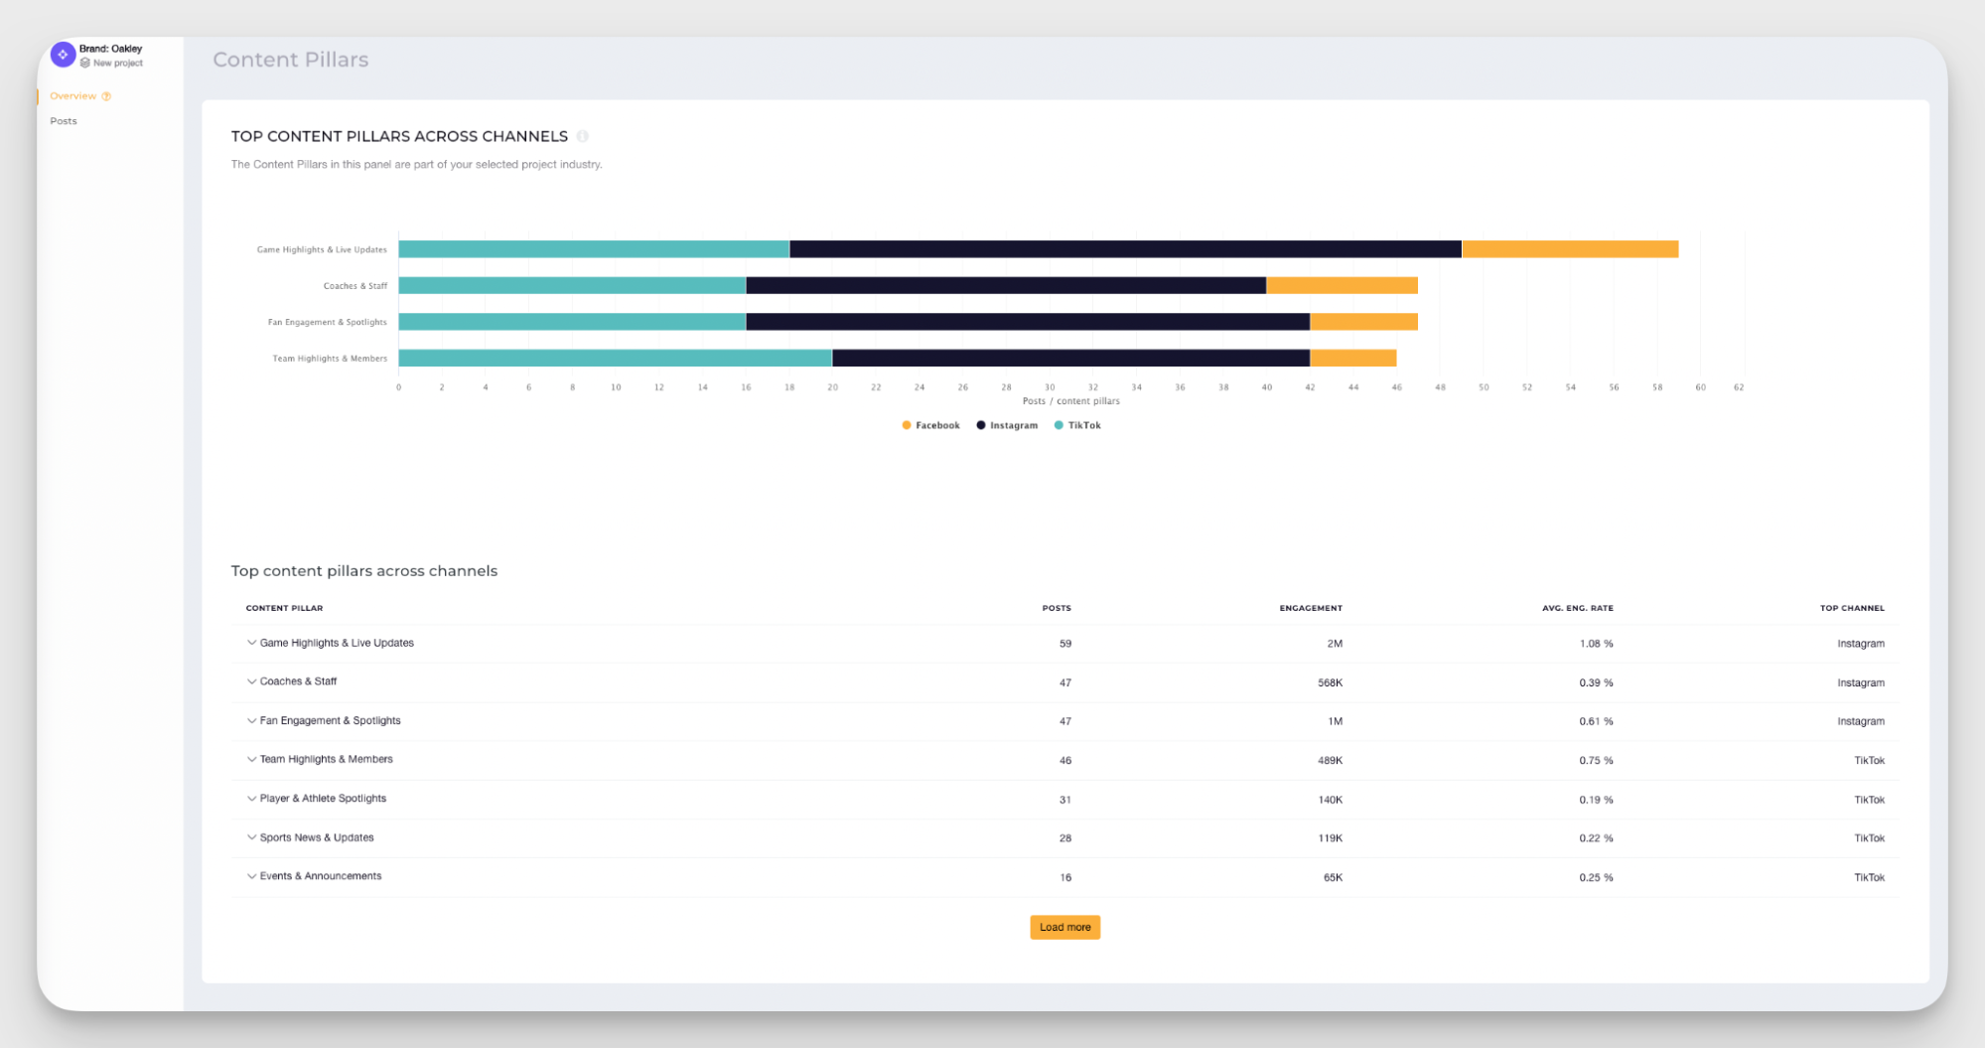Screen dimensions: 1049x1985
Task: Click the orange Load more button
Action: click(1064, 927)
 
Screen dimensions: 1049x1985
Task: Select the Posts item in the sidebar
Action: click(64, 121)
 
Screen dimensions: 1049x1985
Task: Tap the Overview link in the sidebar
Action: click(72, 96)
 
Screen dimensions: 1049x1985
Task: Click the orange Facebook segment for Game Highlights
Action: click(1569, 249)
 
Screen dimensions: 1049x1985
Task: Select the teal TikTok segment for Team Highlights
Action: click(615, 359)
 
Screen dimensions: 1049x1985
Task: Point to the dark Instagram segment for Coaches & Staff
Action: click(1005, 286)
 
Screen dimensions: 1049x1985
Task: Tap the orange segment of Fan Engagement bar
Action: click(1362, 322)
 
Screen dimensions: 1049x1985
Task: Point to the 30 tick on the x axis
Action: click(1050, 387)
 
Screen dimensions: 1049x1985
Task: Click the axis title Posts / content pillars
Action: click(1070, 401)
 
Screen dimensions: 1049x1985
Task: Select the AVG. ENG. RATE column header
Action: click(1577, 608)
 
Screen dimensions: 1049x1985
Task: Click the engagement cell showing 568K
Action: click(1330, 682)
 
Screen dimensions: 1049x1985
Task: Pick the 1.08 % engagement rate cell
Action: click(1596, 644)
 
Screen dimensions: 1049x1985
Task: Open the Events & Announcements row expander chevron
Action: click(251, 876)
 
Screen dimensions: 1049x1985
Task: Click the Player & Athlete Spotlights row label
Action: click(323, 799)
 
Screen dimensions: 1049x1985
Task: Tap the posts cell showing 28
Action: click(1064, 838)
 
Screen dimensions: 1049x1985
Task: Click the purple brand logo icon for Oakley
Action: click(63, 55)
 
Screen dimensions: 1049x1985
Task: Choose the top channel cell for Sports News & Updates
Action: click(1869, 838)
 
